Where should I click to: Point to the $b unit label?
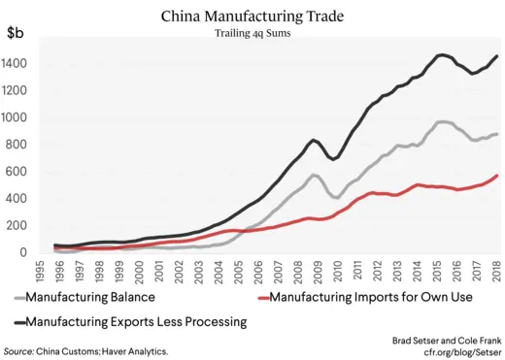point(17,34)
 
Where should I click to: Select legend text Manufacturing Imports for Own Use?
point(372,296)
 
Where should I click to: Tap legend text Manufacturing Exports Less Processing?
point(136,320)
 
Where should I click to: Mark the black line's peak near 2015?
point(443,54)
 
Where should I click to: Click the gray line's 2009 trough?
point(336,197)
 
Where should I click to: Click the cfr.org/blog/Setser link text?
point(451,350)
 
